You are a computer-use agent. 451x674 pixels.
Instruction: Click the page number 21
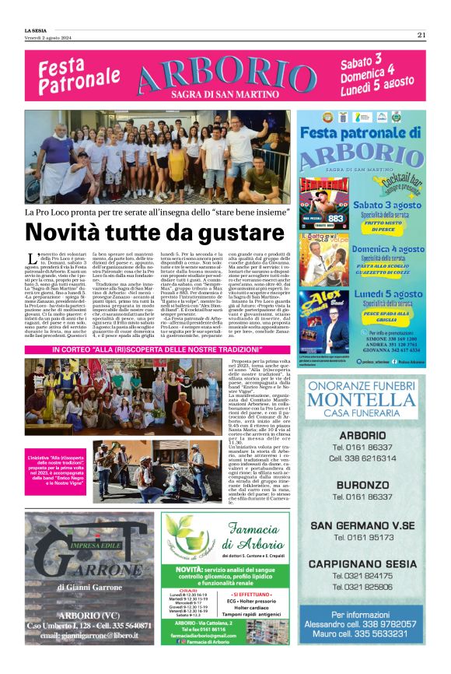click(x=421, y=34)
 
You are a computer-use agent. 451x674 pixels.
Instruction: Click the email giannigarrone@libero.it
click(x=78, y=637)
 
